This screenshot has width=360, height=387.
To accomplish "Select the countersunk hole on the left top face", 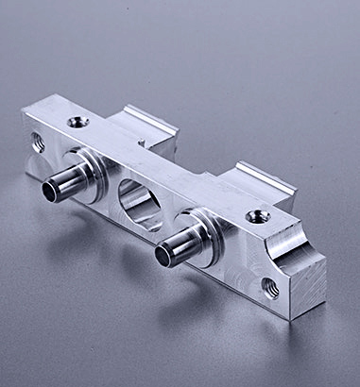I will point(76,122).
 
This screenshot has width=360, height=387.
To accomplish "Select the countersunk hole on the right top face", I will point(257,217).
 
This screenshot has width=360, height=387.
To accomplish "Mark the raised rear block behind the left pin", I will point(142,129).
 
